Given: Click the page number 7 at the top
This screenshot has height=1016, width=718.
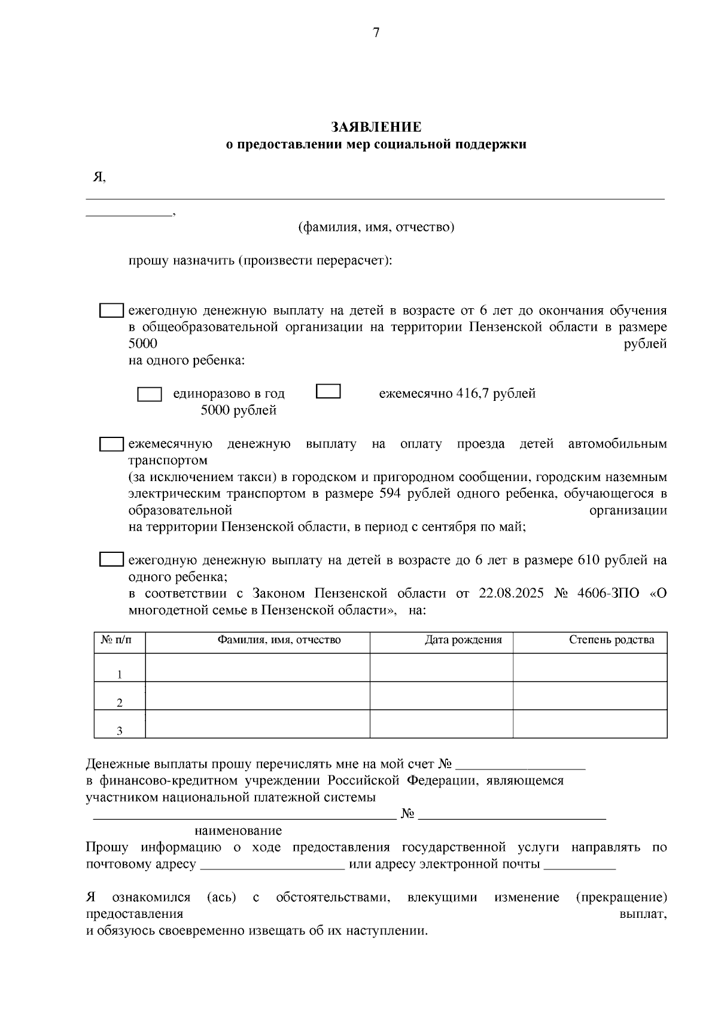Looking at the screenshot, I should tap(376, 33).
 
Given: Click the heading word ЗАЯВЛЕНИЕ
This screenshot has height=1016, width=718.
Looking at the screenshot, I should tap(376, 127).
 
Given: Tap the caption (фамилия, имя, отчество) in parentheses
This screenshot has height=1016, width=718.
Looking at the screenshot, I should tap(376, 227).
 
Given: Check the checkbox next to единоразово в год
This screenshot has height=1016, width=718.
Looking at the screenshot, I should tap(150, 394).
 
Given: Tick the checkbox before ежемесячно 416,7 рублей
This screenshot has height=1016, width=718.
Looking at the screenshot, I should tap(328, 391).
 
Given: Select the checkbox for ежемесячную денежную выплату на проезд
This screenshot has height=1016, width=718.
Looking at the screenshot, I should tap(111, 444).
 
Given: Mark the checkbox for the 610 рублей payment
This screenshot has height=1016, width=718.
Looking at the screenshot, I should tap(111, 560).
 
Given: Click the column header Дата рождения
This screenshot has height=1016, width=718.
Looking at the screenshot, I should tap(463, 640).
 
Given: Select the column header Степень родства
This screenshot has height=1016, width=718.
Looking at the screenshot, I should tap(611, 640).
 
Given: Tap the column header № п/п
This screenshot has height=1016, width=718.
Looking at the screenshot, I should tap(120, 640).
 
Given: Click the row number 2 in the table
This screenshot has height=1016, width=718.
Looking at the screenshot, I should tap(120, 702).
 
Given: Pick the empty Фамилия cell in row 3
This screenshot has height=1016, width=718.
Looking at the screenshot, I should tap(257, 724).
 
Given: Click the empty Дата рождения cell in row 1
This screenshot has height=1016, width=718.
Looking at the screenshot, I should tap(441, 668).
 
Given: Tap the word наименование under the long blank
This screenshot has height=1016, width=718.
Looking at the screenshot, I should tap(238, 831).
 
